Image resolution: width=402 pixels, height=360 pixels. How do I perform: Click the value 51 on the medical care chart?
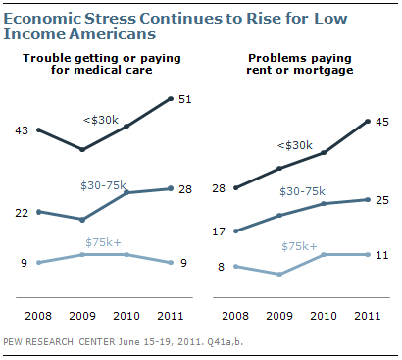point(185,99)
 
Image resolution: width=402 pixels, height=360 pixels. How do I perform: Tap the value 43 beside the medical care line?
point(22,130)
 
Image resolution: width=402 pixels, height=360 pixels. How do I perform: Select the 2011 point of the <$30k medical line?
point(171,98)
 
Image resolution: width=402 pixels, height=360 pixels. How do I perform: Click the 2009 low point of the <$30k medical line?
point(82,149)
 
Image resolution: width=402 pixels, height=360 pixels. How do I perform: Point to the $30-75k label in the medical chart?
point(103,185)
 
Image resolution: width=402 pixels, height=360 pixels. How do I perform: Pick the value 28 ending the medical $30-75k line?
point(185,189)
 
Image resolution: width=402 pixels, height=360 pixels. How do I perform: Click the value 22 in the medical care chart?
point(22,213)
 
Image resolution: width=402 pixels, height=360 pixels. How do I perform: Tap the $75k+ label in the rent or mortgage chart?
point(299,246)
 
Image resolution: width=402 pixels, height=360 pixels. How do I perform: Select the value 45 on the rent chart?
point(382,122)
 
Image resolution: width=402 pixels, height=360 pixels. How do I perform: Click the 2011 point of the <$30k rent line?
point(368,122)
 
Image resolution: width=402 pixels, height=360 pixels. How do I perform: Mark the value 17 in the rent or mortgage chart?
point(219,231)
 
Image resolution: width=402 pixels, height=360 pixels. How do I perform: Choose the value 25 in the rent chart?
point(382,200)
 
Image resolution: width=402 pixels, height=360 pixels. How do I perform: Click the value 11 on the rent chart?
point(382,255)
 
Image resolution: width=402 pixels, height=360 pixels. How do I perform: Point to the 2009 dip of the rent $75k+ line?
point(279,274)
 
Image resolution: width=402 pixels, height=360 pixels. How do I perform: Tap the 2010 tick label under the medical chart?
point(126,316)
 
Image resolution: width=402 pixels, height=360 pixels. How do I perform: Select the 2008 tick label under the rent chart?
point(235,316)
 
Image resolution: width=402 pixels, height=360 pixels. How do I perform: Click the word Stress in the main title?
point(110,19)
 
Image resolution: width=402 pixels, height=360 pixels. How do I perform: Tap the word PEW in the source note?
point(11,342)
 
